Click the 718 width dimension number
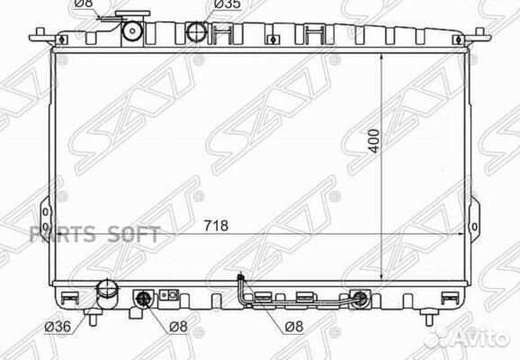(x=216, y=226)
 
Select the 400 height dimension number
(x=374, y=141)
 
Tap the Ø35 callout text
(x=228, y=4)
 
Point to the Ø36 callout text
(x=58, y=327)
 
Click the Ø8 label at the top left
(x=84, y=4)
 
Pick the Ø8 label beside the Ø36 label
(x=178, y=327)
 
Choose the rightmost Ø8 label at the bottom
(x=294, y=327)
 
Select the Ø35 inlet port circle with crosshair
(x=197, y=31)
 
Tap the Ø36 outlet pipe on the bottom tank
(x=107, y=294)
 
